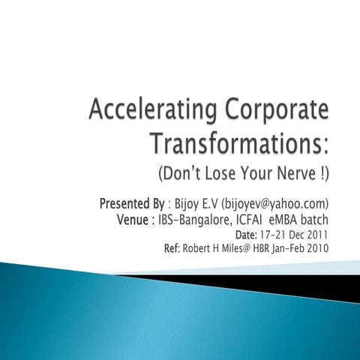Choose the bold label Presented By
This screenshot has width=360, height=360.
point(132,204)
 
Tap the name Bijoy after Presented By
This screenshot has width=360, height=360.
point(186,204)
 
